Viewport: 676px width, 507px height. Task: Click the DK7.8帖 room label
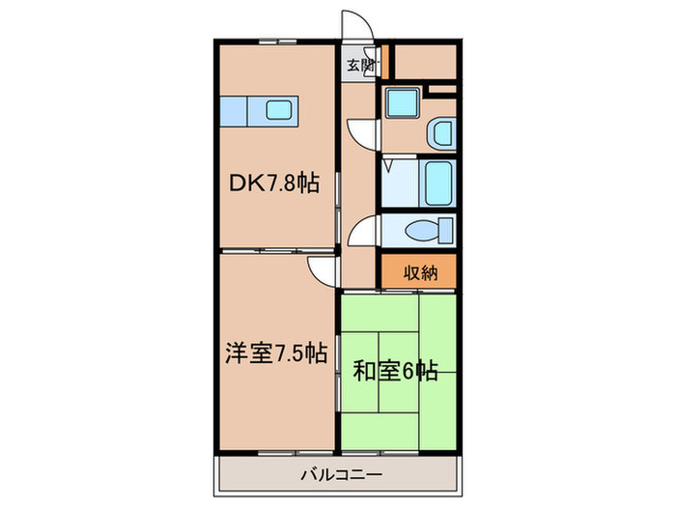[x=273, y=181]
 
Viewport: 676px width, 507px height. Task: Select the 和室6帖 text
[x=396, y=370]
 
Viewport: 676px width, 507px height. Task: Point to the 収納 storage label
[x=420, y=273]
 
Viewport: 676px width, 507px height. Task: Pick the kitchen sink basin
[x=278, y=111]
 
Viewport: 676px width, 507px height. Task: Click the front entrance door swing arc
[x=354, y=27]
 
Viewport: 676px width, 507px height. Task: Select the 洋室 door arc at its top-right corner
[x=323, y=269]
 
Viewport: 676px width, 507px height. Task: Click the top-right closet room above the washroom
[x=425, y=62]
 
